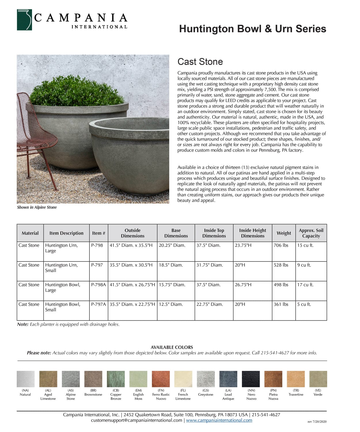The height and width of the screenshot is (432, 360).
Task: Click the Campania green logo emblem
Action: click(24, 20)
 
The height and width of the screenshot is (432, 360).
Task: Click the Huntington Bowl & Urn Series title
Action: click(252, 29)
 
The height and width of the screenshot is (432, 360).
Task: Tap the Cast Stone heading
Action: click(200, 62)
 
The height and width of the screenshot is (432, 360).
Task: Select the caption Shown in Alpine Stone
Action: click(37, 207)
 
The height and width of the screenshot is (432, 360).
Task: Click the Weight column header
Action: click(284, 233)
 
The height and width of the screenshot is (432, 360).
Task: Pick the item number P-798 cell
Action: click(97, 245)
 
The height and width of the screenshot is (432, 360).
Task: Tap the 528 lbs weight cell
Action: click(281, 265)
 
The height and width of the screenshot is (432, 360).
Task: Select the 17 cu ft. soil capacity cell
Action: click(305, 285)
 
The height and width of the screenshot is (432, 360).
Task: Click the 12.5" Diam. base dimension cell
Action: click(171, 304)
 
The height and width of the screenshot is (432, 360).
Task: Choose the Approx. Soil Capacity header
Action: click(311, 233)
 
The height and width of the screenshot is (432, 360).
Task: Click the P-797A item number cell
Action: click(98, 304)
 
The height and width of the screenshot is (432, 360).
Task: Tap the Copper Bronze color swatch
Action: click(116, 379)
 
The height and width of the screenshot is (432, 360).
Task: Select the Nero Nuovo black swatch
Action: click(251, 379)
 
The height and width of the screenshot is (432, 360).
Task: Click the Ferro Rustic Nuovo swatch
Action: click(161, 379)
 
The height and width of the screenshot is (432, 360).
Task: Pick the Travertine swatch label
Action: click(296, 395)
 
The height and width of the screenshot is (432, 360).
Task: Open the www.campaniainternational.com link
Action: click(219, 420)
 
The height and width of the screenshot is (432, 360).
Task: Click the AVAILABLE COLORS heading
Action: click(172, 347)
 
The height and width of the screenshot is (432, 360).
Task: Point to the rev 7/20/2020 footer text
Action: click(317, 422)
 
